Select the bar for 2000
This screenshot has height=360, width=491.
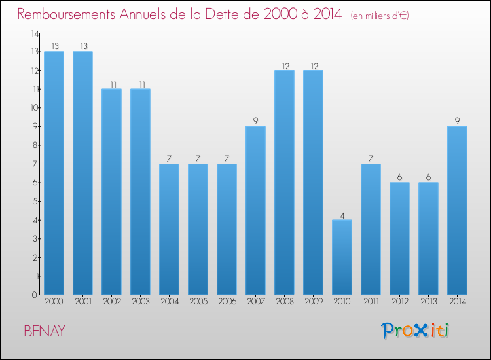click(54, 173)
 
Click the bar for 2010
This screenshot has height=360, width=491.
click(342, 257)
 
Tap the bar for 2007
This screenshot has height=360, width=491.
click(255, 210)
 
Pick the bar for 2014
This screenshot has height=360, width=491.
click(457, 210)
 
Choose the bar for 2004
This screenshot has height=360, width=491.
click(169, 229)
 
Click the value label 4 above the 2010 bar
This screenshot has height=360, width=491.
click(342, 214)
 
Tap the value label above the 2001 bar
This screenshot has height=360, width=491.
click(82, 46)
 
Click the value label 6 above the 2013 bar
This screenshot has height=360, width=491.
click(428, 177)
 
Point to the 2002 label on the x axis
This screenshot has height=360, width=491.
click(111, 302)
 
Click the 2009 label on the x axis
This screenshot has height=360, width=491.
click(313, 302)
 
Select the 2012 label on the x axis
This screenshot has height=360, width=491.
click(399, 302)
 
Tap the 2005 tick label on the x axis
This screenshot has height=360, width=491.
click(198, 302)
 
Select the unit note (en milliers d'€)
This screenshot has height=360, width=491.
click(380, 16)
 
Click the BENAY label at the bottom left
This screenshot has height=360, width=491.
click(45, 331)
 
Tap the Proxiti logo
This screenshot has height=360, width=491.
click(414, 331)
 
